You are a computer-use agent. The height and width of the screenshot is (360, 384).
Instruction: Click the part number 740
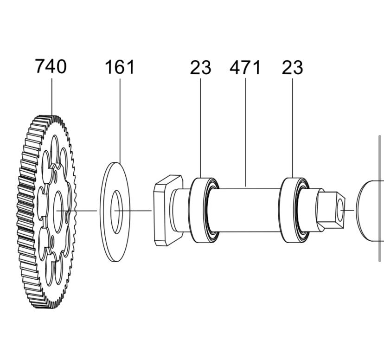(51, 66)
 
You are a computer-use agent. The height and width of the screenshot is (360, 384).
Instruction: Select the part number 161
(120, 67)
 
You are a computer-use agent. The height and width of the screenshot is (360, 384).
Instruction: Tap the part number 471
(245, 67)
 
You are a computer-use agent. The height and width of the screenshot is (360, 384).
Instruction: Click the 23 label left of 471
(200, 67)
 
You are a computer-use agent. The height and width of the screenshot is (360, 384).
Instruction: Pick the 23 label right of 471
(293, 67)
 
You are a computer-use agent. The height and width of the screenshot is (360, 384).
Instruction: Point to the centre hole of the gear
(58, 212)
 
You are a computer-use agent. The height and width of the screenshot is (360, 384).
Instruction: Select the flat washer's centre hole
(116, 212)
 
